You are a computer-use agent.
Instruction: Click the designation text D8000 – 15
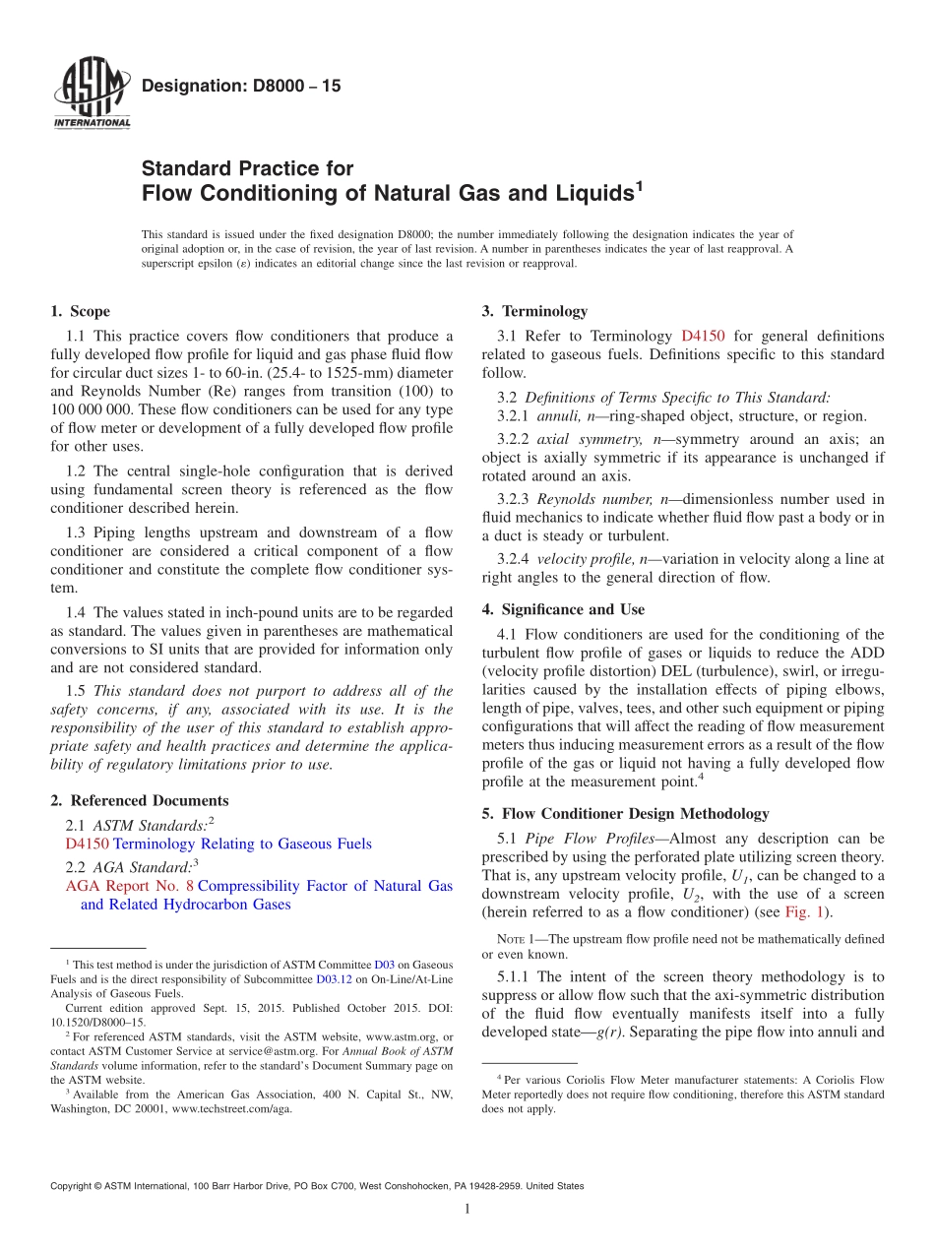coord(241,87)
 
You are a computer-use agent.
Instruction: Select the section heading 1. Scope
coord(80,312)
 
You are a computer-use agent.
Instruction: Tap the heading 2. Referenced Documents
coord(139,801)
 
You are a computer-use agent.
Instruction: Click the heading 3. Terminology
coord(534,312)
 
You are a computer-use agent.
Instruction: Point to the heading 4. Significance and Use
coord(563,610)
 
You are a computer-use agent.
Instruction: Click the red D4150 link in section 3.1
coord(703,337)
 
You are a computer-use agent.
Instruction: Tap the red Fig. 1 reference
coord(808,912)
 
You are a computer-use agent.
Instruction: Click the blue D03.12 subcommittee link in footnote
coord(331,980)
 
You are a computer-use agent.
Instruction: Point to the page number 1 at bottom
coord(467,1210)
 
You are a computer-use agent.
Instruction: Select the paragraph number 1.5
coord(76,691)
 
